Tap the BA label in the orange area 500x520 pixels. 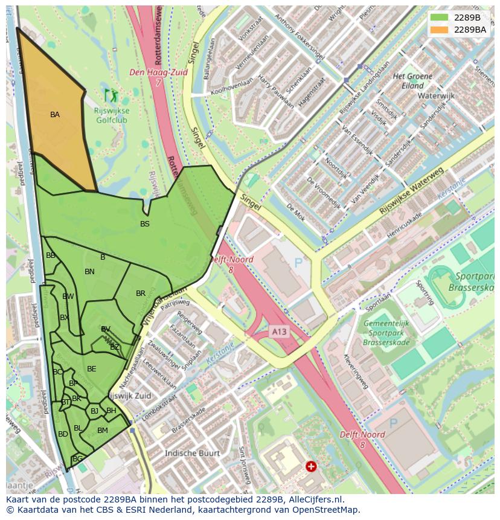[x=55, y=115]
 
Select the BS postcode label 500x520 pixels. [x=145, y=224]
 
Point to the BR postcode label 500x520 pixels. [x=141, y=294]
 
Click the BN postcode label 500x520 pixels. [x=89, y=272]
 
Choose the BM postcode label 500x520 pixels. [x=103, y=431]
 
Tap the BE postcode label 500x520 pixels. [x=92, y=369]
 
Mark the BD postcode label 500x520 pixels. [x=63, y=434]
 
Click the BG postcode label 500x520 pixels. [x=77, y=459]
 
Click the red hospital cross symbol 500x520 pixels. [x=311, y=466]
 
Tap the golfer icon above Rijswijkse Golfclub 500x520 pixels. [x=111, y=95]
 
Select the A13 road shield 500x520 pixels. [x=279, y=332]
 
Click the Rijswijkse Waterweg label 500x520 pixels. [x=411, y=192]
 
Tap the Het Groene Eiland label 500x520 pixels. [x=413, y=81]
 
